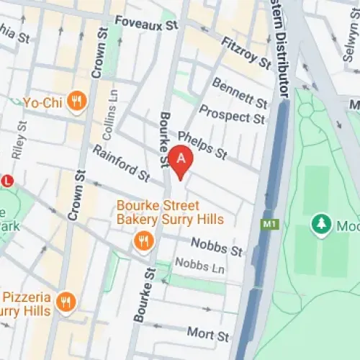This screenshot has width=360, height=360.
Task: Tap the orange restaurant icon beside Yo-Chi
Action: coord(77,102)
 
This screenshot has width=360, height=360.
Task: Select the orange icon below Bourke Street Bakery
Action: coord(143,240)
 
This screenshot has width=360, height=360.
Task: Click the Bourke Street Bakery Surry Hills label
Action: coord(170,212)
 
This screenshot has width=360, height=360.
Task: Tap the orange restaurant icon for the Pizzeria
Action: coord(66,302)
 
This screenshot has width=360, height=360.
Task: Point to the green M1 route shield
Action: coord(269,225)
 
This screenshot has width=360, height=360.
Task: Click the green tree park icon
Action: coord(320,225)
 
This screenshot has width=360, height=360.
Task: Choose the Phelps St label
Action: coord(202,145)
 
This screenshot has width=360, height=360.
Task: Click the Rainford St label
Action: coord(120,163)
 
